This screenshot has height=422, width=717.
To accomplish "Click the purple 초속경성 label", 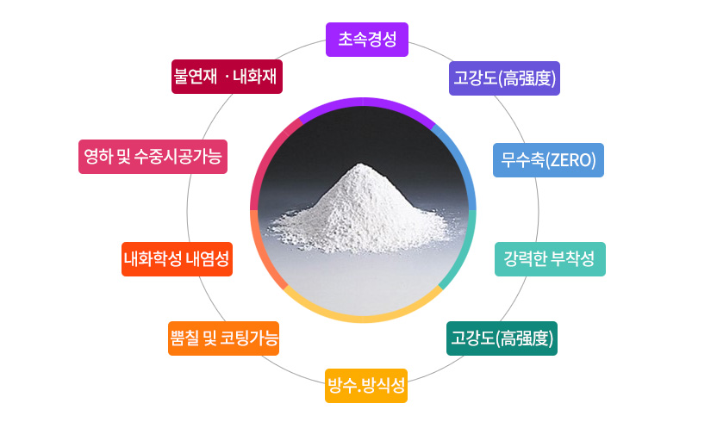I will tap(366, 39).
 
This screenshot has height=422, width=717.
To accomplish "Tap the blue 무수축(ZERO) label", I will tap(548, 160).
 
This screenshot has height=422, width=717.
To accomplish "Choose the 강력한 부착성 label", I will tap(550, 259).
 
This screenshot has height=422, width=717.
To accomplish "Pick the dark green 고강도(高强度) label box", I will tap(502, 338).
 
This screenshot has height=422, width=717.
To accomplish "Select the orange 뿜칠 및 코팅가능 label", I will tap(223, 338).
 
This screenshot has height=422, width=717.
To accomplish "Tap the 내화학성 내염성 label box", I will tap(177, 259).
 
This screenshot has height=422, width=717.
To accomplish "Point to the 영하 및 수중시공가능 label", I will tap(152, 157).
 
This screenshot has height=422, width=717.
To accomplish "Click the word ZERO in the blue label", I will tap(572, 160).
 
